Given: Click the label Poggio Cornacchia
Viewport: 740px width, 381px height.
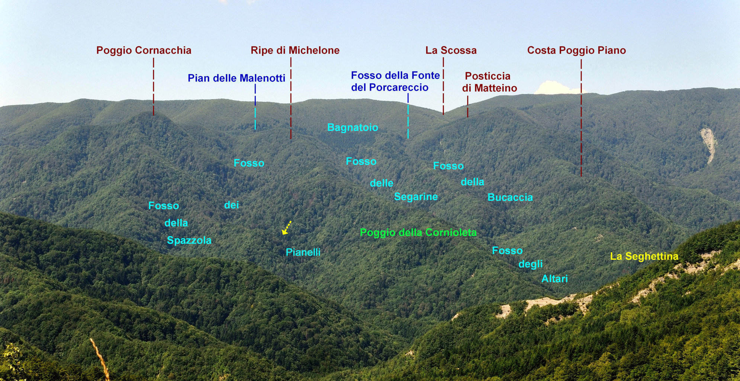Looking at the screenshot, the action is [x=144, y=51].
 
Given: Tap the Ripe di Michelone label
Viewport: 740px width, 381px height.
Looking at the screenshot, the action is [x=295, y=51].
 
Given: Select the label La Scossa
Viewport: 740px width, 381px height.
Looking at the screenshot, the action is [x=451, y=50].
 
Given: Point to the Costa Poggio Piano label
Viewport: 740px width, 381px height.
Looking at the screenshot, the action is [x=576, y=51].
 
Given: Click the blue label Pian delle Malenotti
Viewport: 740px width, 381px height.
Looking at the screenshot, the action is [x=237, y=78].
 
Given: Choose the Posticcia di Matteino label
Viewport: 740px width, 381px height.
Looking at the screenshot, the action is [x=489, y=82].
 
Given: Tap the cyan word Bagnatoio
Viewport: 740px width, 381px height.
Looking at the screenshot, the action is [x=353, y=128].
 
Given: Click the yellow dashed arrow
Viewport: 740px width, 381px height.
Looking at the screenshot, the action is [x=286, y=228].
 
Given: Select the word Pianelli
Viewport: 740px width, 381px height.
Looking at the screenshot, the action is [x=303, y=252].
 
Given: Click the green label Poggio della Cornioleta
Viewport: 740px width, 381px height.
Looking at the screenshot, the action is [x=418, y=233].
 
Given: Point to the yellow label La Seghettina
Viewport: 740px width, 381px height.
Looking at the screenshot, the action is [x=644, y=256].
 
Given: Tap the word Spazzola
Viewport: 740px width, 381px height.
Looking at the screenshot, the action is [x=189, y=241].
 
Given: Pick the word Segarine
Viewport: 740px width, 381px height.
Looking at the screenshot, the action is [x=416, y=197].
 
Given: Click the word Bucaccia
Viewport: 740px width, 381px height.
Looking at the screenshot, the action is [x=510, y=197].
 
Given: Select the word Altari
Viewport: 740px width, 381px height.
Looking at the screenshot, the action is [x=554, y=279].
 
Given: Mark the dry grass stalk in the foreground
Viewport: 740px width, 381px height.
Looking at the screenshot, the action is [x=100, y=359].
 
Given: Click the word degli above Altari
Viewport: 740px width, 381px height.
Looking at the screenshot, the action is [x=531, y=264].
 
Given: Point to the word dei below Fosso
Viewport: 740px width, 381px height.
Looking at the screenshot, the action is [x=231, y=205].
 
